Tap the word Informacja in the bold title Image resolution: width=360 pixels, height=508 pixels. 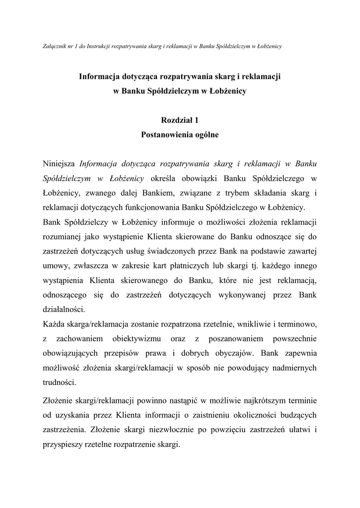coord(103,77)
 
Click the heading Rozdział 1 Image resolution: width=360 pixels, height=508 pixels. coord(180,120)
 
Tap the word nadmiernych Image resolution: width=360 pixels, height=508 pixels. coord(292,368)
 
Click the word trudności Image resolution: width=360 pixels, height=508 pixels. coord(60,382)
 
